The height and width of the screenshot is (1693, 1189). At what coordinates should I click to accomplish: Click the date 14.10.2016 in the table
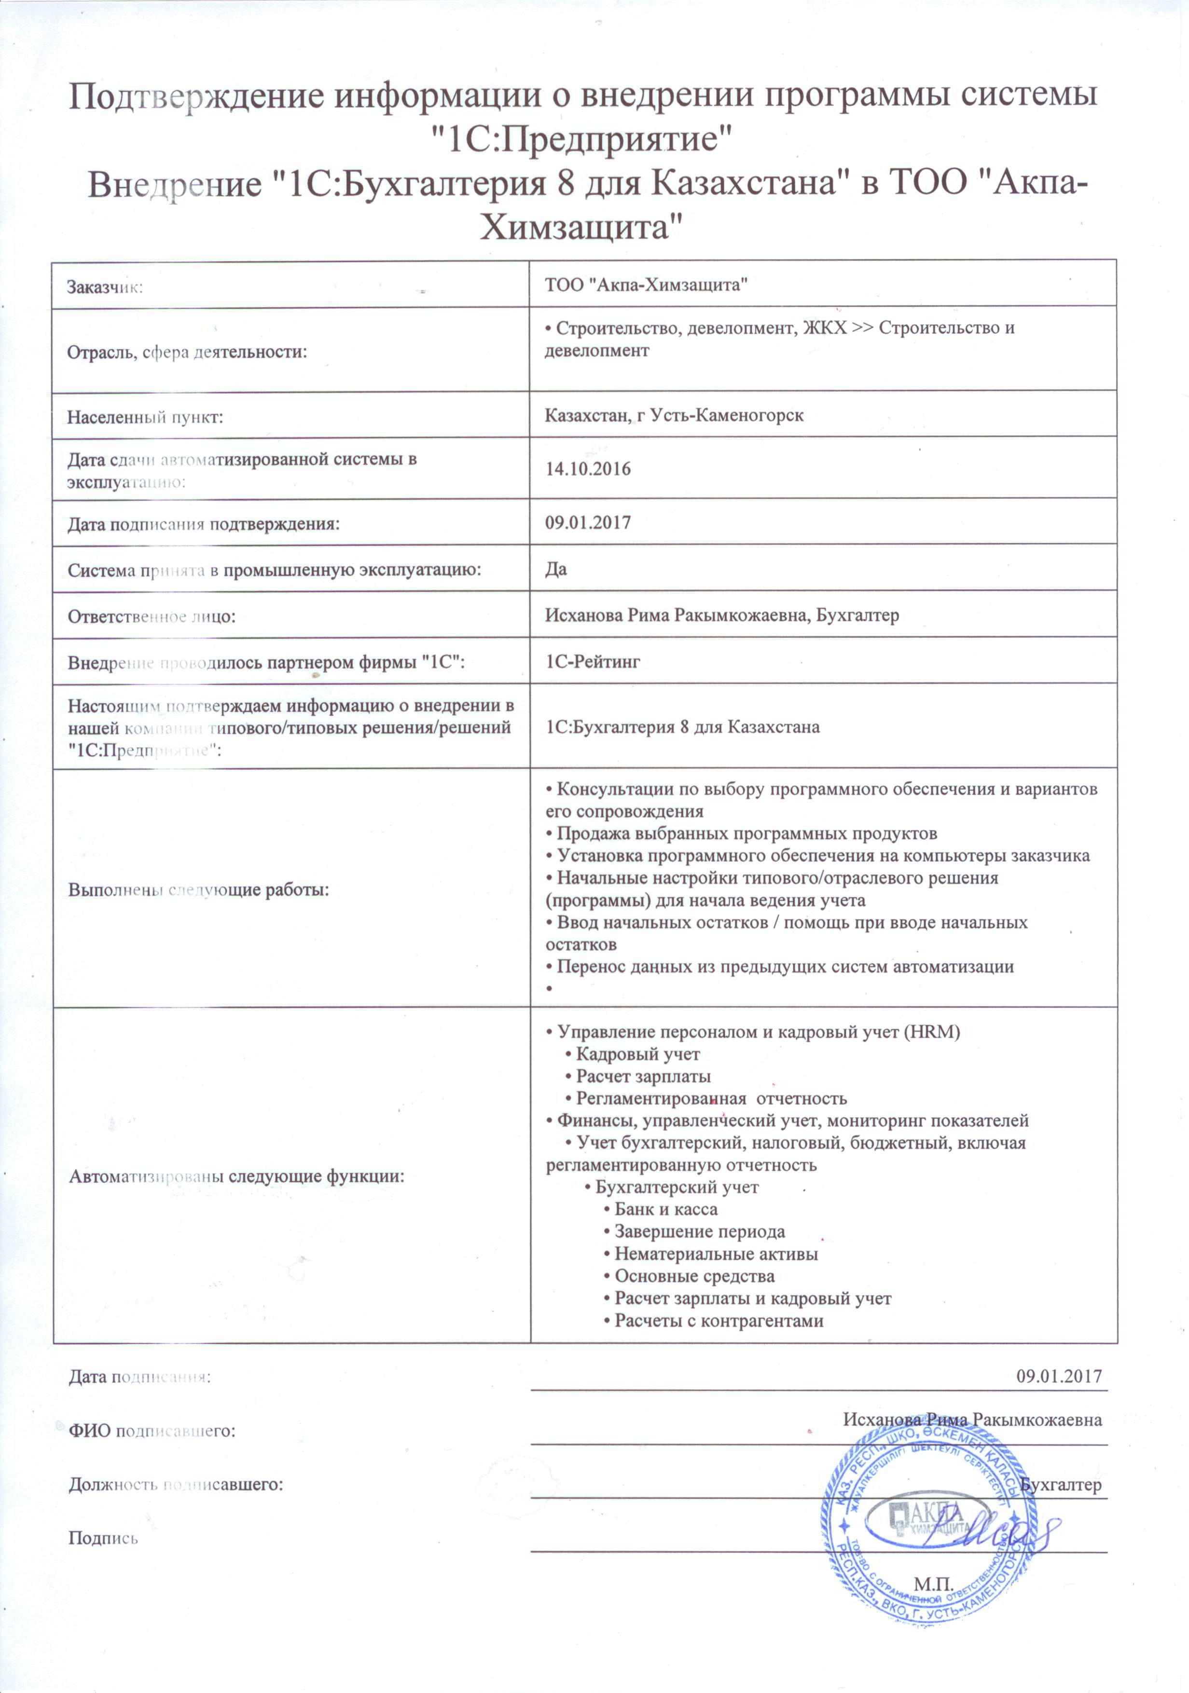tap(587, 469)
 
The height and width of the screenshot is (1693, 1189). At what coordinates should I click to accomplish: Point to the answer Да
tap(556, 569)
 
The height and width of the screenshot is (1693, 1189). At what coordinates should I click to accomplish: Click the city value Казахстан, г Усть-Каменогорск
tap(674, 415)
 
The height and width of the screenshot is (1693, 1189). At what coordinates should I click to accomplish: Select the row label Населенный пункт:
tap(145, 417)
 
